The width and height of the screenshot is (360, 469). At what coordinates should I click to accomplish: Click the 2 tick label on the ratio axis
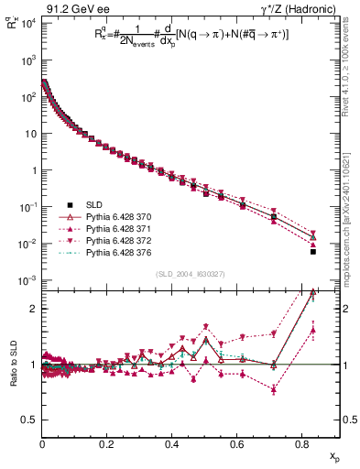coord(33,309)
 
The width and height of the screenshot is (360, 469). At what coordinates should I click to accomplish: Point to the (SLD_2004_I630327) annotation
coord(180,274)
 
